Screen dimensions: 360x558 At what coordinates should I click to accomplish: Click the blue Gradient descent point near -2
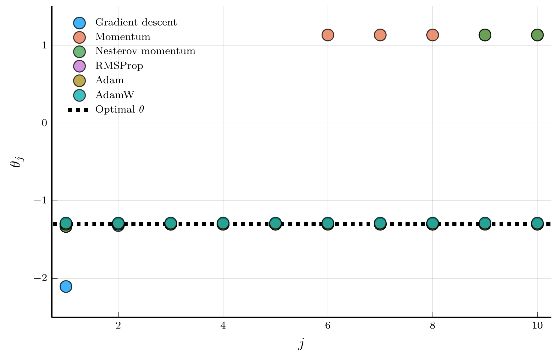[66, 286]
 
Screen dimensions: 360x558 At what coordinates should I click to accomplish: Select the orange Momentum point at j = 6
[328, 35]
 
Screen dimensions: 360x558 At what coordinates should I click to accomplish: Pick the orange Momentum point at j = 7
[380, 35]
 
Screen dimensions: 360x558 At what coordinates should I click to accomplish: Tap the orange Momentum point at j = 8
[433, 35]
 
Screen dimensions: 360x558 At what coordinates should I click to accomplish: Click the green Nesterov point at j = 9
[485, 35]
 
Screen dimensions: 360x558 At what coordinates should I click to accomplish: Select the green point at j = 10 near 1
[537, 35]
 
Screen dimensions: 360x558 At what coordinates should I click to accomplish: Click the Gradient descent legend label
[136, 23]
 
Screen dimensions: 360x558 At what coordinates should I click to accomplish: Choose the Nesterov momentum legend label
[145, 51]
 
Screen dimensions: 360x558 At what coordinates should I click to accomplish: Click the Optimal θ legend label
[120, 110]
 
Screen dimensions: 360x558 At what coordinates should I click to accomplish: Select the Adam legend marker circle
[80, 80]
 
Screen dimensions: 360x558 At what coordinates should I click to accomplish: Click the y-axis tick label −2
[40, 278]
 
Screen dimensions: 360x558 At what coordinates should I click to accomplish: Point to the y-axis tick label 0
[44, 123]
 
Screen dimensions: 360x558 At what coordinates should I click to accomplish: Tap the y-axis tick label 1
[44, 45]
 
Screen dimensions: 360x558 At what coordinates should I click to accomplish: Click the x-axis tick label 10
[537, 325]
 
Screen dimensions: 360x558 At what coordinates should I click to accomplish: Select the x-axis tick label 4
[223, 325]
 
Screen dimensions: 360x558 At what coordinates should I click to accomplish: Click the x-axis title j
[301, 344]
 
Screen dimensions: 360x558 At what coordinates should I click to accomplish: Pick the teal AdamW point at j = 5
[275, 223]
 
